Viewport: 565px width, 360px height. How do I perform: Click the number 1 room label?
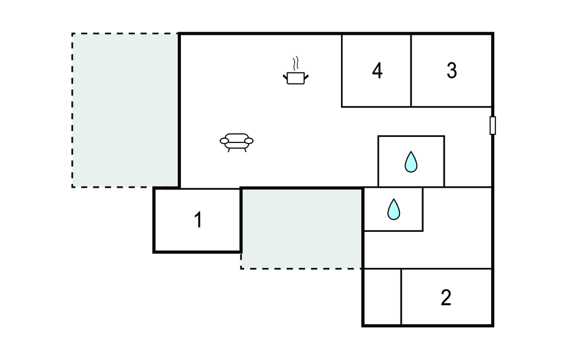(198, 220)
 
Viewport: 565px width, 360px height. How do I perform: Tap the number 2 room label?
(446, 298)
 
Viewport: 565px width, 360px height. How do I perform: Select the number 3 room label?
(452, 71)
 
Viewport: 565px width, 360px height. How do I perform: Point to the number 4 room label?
(377, 71)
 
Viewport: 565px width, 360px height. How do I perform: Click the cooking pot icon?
(296, 77)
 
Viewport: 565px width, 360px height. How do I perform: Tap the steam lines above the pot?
(296, 63)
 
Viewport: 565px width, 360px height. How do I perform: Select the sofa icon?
(236, 142)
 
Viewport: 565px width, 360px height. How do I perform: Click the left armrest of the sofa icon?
(224, 141)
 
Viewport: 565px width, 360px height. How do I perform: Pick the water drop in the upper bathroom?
(411, 162)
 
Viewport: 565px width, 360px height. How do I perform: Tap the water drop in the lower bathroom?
(393, 209)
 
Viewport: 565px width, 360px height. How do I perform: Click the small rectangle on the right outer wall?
(493, 125)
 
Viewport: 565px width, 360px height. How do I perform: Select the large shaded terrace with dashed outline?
(125, 110)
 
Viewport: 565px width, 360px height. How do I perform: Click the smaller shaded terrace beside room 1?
(302, 229)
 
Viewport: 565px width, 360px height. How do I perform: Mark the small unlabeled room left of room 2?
(382, 297)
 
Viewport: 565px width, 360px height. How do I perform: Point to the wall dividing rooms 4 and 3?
(411, 71)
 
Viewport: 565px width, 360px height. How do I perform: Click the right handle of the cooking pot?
(306, 77)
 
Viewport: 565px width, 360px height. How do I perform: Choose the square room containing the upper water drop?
(411, 161)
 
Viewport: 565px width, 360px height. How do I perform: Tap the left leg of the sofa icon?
(229, 150)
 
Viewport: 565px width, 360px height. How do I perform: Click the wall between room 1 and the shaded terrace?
(241, 220)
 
